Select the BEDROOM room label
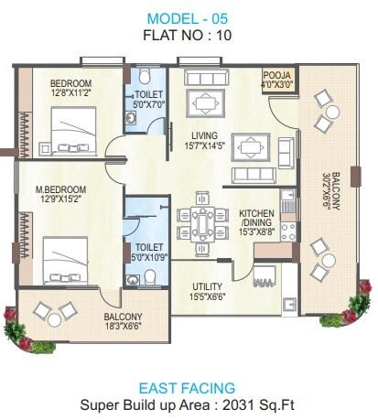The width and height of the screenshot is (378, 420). tap(72, 83)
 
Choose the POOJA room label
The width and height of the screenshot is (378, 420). tap(276, 76)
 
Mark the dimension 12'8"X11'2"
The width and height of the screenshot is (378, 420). tap(70, 92)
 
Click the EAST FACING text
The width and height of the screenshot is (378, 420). tap(189, 386)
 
